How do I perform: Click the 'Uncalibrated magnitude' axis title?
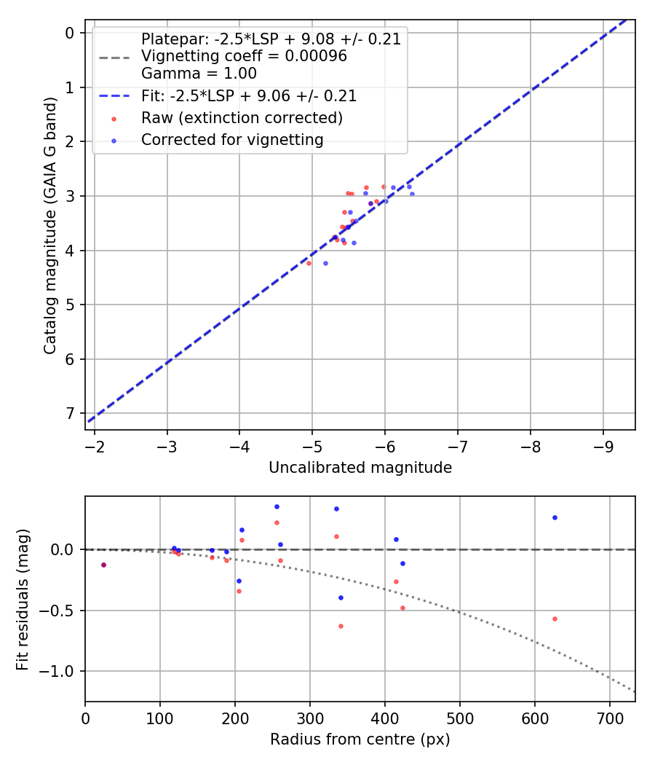point(360,468)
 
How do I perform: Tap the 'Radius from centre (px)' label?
point(360,739)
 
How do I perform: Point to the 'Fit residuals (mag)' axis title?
point(23,599)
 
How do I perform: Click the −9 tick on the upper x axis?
point(603,447)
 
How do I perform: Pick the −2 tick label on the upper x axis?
point(95,447)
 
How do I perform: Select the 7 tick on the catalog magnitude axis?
point(70,413)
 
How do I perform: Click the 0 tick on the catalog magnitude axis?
point(70,33)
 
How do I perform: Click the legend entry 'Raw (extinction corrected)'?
point(242,117)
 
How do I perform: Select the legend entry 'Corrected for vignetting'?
point(232,139)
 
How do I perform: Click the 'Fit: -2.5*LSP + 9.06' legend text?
point(249,96)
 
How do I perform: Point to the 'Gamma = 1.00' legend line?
point(199,73)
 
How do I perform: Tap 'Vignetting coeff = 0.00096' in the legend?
point(244,56)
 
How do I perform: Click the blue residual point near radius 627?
point(555,517)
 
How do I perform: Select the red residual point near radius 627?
point(555,619)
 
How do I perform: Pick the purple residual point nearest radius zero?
point(103,565)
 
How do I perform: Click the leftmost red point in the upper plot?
point(309,263)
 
